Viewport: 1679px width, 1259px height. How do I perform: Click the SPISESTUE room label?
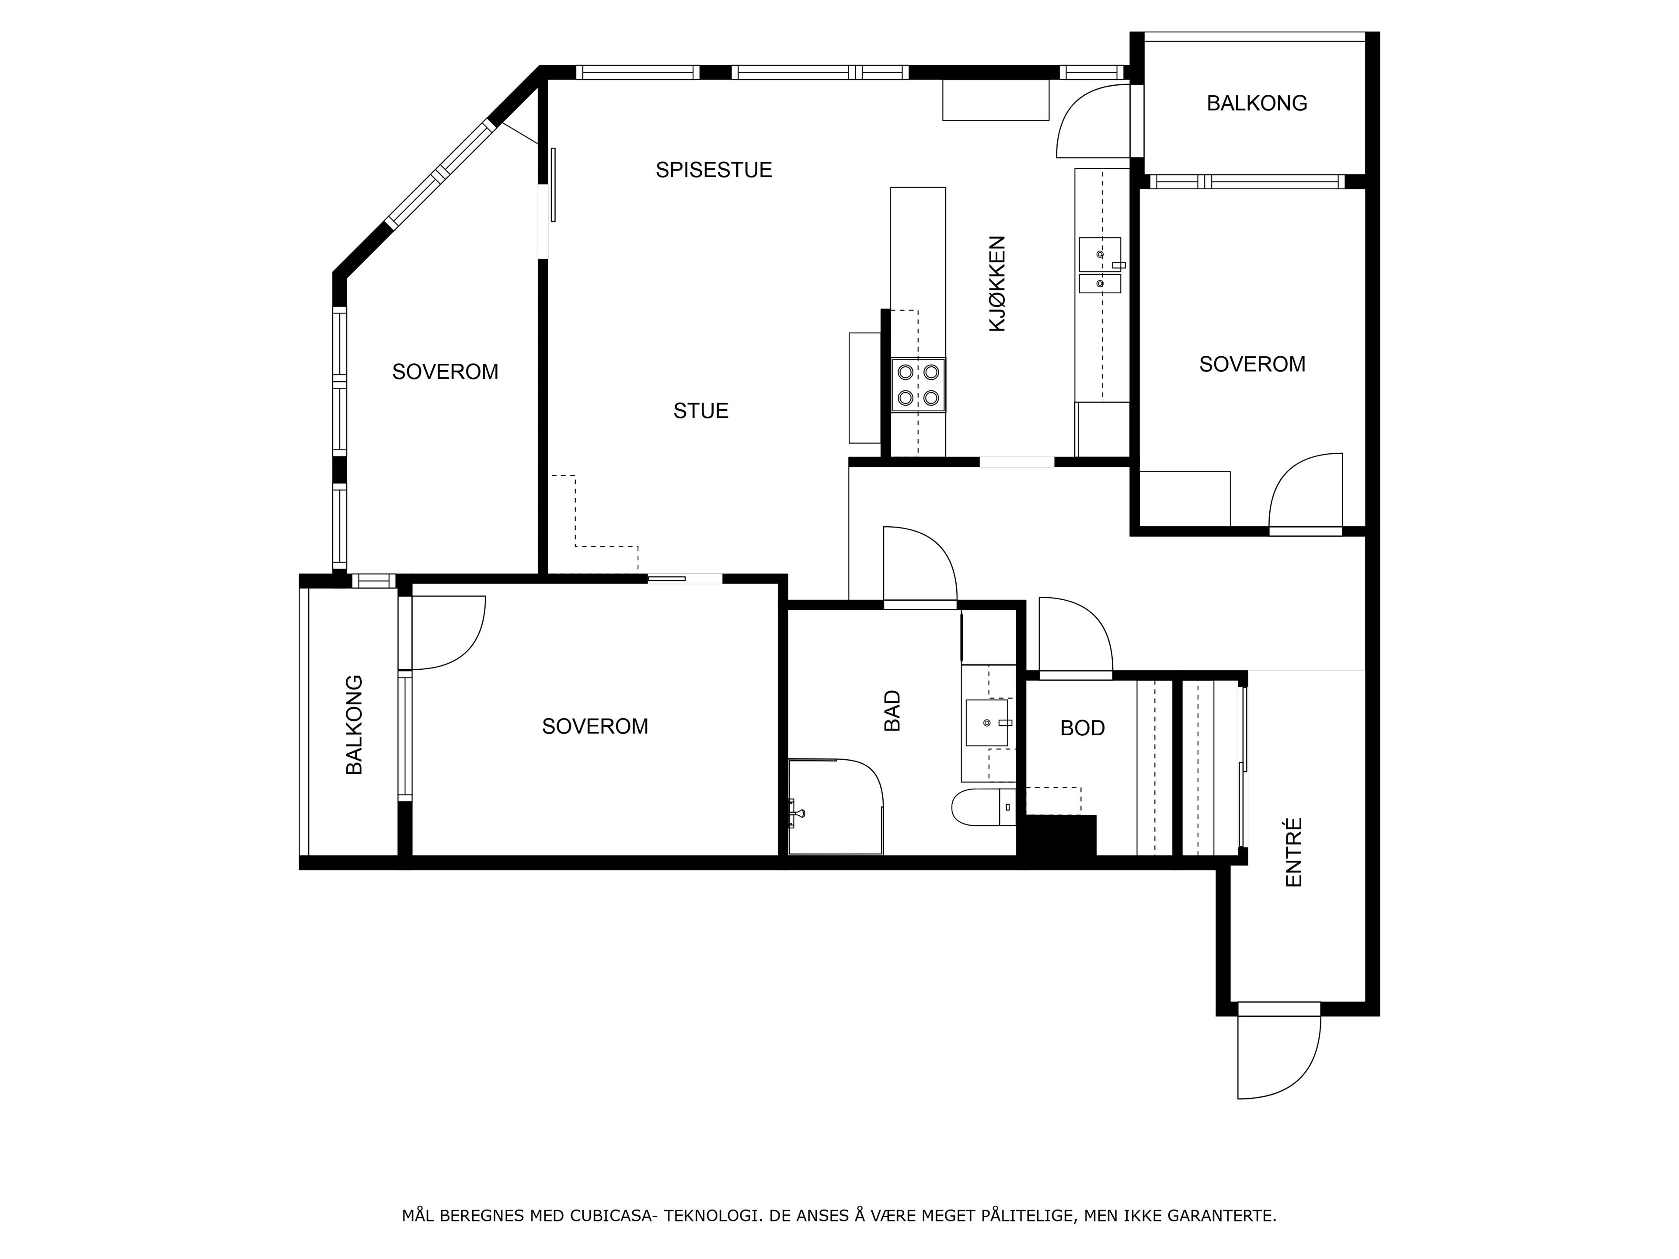click(x=714, y=170)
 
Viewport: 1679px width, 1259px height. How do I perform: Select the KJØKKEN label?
click(x=996, y=284)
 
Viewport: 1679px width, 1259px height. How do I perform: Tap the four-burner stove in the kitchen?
click(x=919, y=385)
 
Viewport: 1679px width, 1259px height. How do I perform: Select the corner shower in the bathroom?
click(x=836, y=806)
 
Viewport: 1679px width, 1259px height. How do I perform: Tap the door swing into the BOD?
click(x=1076, y=636)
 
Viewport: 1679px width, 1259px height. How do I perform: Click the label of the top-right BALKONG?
click(x=1257, y=103)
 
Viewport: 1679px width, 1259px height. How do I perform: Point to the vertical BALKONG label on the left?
click(x=355, y=725)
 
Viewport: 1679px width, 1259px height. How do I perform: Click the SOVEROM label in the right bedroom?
click(x=1252, y=364)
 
